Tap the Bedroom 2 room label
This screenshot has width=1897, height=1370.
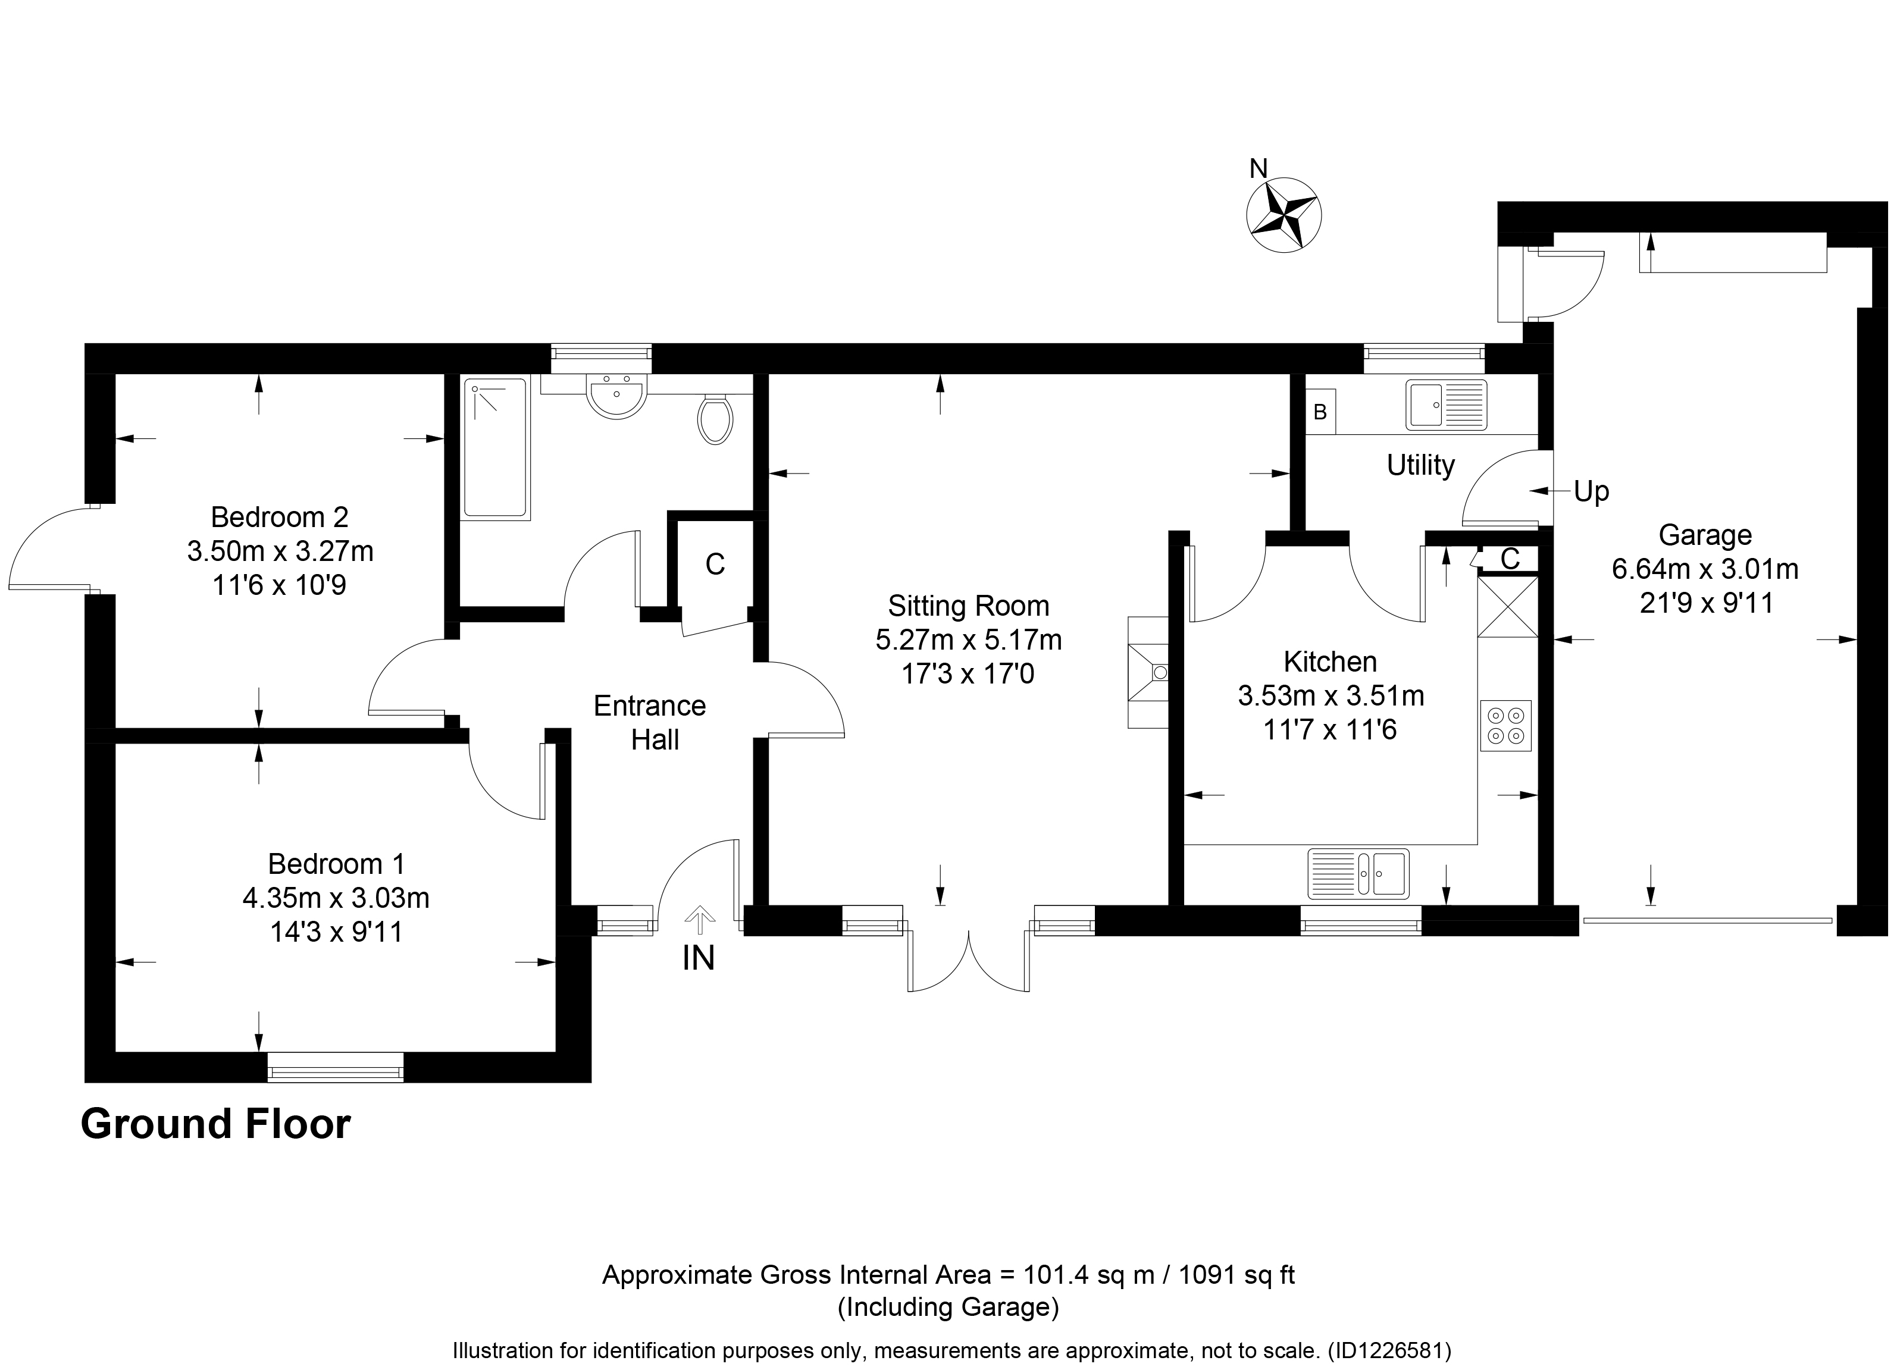click(279, 517)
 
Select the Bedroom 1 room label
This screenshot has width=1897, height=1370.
click(336, 863)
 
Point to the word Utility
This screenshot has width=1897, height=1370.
click(1420, 465)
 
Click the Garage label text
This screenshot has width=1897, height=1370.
click(1705, 534)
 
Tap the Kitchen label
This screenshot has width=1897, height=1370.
click(1330, 662)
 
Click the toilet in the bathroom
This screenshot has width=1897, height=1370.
click(715, 419)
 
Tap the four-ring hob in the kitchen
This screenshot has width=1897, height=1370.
click(1505, 726)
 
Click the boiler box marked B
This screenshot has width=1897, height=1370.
click(1321, 412)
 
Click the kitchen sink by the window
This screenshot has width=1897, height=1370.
click(1358, 874)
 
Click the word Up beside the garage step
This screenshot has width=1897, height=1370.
click(1591, 493)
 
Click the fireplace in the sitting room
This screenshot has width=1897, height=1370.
click(1148, 672)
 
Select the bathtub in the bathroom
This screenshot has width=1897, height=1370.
click(496, 449)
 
